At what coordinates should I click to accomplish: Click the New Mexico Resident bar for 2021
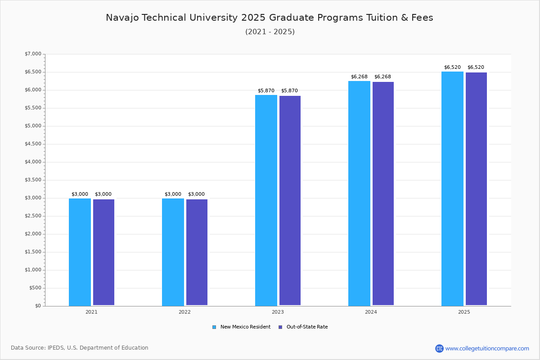pos(80,252)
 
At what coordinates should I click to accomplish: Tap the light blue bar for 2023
pos(266,200)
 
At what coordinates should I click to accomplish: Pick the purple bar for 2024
pos(383,193)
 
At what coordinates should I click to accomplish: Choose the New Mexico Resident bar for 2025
pos(452,189)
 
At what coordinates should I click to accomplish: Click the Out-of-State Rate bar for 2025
pos(476,189)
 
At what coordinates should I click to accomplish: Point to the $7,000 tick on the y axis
pos(33,54)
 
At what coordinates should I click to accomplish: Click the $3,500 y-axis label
pos(33,180)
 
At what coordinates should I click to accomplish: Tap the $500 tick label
pos(35,288)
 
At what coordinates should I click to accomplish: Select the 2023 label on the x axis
pos(278,312)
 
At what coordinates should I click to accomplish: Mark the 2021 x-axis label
pos(91,312)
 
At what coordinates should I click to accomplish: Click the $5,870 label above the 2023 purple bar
pos(289,91)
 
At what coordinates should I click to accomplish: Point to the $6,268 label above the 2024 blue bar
pos(359,77)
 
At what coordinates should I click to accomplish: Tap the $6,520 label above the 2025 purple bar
pos(476,67)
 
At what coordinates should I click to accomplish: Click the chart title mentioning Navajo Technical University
pos(270,18)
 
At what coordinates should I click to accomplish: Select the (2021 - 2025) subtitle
pos(270,32)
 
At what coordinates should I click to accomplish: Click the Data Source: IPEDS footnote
pos(80,348)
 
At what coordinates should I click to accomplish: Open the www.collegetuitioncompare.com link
pos(487,348)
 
